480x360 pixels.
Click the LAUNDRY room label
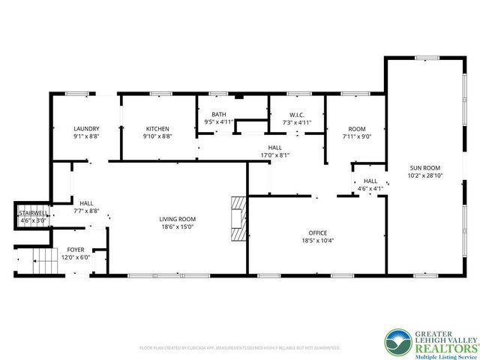click(86, 128)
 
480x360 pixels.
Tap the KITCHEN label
click(157, 128)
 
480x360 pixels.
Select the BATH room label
click(219, 114)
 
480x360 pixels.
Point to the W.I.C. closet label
click(296, 114)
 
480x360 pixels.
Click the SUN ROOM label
click(424, 167)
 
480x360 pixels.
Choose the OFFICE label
click(319, 233)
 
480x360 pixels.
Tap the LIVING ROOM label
click(176, 219)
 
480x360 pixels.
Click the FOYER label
click(76, 249)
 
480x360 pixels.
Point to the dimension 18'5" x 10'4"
click(319, 241)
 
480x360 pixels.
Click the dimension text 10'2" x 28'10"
click(424, 175)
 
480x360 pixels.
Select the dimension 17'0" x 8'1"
click(274, 155)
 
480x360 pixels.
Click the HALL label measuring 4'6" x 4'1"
click(370, 181)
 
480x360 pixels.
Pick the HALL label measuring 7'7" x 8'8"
click(86, 202)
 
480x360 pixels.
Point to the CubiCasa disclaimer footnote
click(240, 348)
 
